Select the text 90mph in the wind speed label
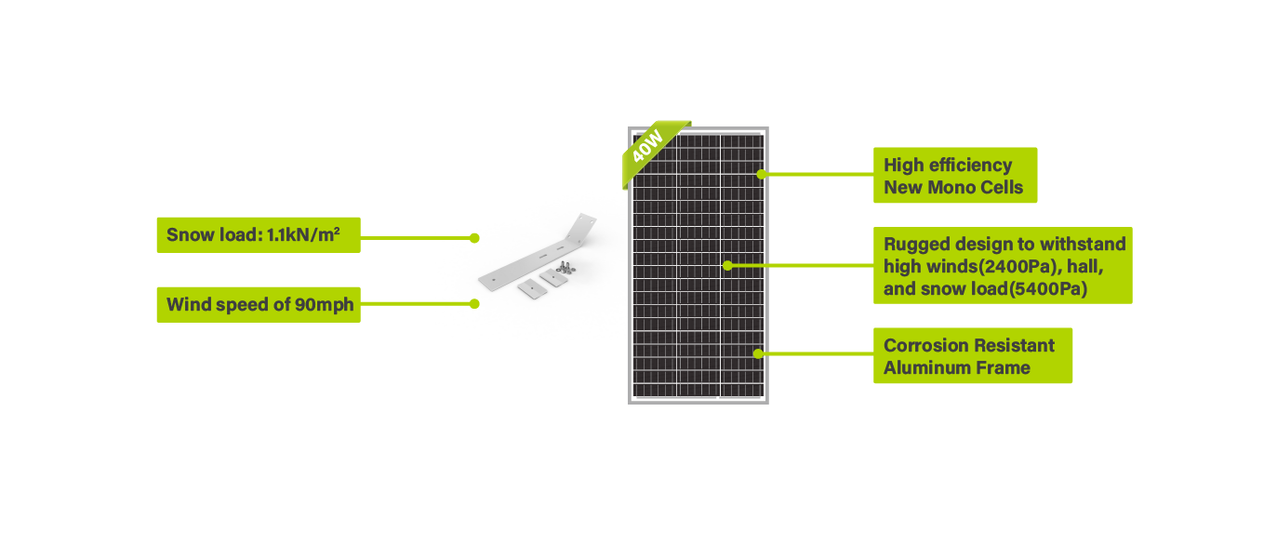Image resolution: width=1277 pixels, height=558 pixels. tap(326, 304)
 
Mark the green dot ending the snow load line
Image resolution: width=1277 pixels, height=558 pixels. tap(473, 238)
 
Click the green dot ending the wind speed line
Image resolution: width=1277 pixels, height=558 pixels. tap(473, 303)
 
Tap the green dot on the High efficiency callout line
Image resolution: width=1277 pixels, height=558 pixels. tap(761, 173)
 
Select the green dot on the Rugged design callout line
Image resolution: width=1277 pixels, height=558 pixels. tap(727, 265)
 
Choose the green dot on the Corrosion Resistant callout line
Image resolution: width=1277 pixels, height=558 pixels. tap(759, 353)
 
